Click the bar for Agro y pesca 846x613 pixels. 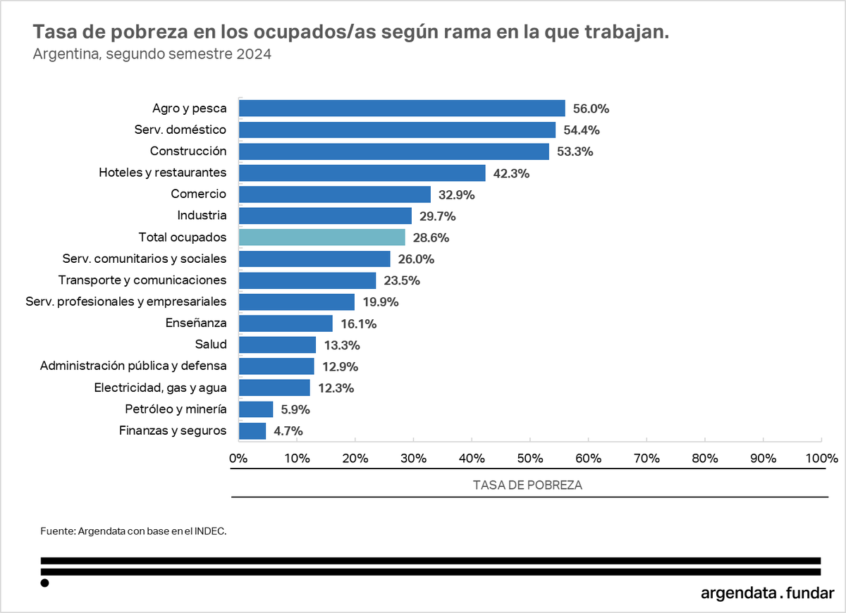pyautogui.click(x=402, y=108)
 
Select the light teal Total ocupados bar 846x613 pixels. pyautogui.click(x=322, y=237)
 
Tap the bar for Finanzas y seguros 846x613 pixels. pyautogui.click(x=252, y=431)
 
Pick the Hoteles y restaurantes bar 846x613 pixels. pyautogui.click(x=362, y=173)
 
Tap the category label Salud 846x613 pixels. pyautogui.click(x=211, y=345)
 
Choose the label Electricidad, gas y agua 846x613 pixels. pyautogui.click(x=160, y=388)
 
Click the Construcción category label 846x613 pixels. pyautogui.click(x=188, y=151)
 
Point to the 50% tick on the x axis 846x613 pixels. pyautogui.click(x=530, y=459)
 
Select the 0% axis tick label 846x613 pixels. pyautogui.click(x=238, y=459)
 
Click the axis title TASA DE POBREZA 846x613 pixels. pyautogui.click(x=527, y=485)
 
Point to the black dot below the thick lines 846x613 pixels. pyautogui.click(x=45, y=583)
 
